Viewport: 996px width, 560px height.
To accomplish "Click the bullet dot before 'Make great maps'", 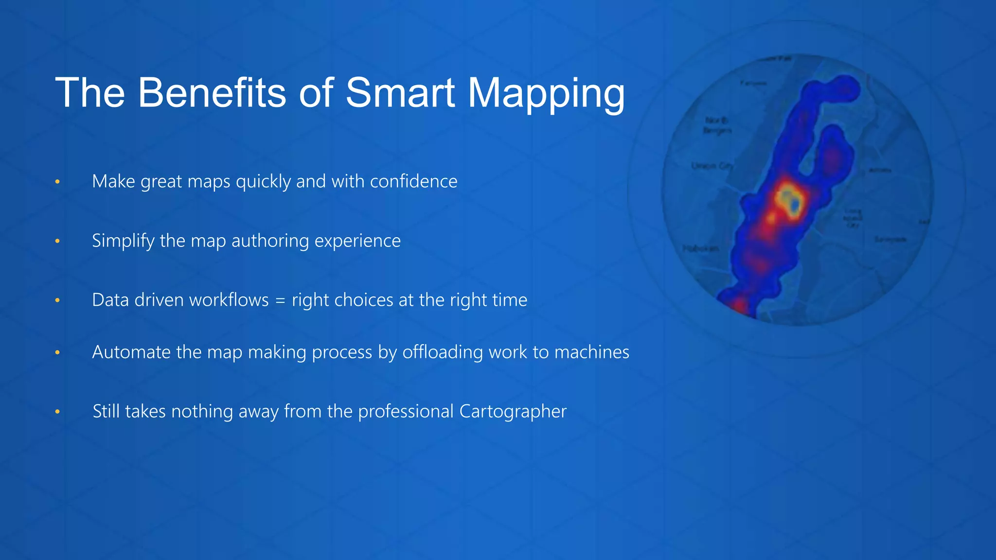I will [x=57, y=182].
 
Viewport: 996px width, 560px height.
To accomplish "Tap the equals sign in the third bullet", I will [x=280, y=300].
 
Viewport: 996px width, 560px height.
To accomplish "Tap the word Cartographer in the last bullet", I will [x=513, y=412].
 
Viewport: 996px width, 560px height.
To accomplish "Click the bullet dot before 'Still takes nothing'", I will [x=57, y=412].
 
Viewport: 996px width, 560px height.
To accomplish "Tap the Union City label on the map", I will [x=711, y=166].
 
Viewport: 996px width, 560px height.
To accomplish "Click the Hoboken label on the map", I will [x=700, y=248].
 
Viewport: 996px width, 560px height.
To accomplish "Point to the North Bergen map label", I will [x=717, y=125].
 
